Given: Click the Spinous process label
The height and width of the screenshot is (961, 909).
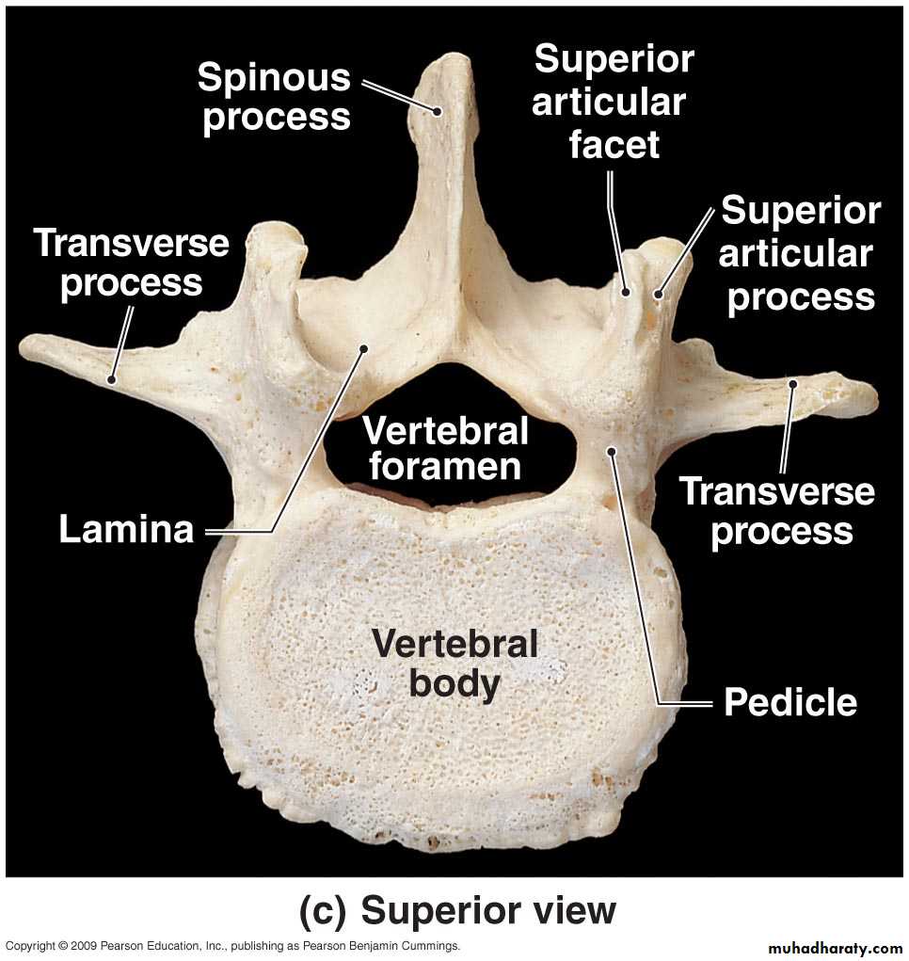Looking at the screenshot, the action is point(275,96).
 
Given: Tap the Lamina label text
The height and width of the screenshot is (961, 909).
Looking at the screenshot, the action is point(126,529).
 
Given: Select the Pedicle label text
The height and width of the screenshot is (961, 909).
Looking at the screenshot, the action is point(790,702).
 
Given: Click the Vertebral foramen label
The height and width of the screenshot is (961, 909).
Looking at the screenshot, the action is point(445,448).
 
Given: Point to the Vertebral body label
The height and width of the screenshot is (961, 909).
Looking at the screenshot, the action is point(454,664).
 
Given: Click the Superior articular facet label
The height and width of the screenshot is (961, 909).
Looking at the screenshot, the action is point(614,101).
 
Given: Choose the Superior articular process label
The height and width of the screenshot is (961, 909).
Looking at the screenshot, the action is point(800,253).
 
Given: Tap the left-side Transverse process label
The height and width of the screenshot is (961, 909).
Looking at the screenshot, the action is point(131,263).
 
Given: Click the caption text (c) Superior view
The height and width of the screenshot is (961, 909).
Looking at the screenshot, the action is point(457,910).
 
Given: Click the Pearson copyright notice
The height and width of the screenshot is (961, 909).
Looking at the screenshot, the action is point(232,946).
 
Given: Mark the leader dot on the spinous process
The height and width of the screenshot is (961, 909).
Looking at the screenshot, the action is point(437,112).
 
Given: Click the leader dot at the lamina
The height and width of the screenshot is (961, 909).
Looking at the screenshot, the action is point(363,349).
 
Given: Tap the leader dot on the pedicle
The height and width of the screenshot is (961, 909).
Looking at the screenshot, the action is point(611,452).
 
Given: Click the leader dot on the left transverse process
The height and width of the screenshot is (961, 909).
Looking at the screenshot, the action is point(111,380).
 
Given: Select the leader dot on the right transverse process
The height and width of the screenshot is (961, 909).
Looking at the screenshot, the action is point(792,384).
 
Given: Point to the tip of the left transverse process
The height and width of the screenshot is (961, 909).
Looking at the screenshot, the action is point(22,348).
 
